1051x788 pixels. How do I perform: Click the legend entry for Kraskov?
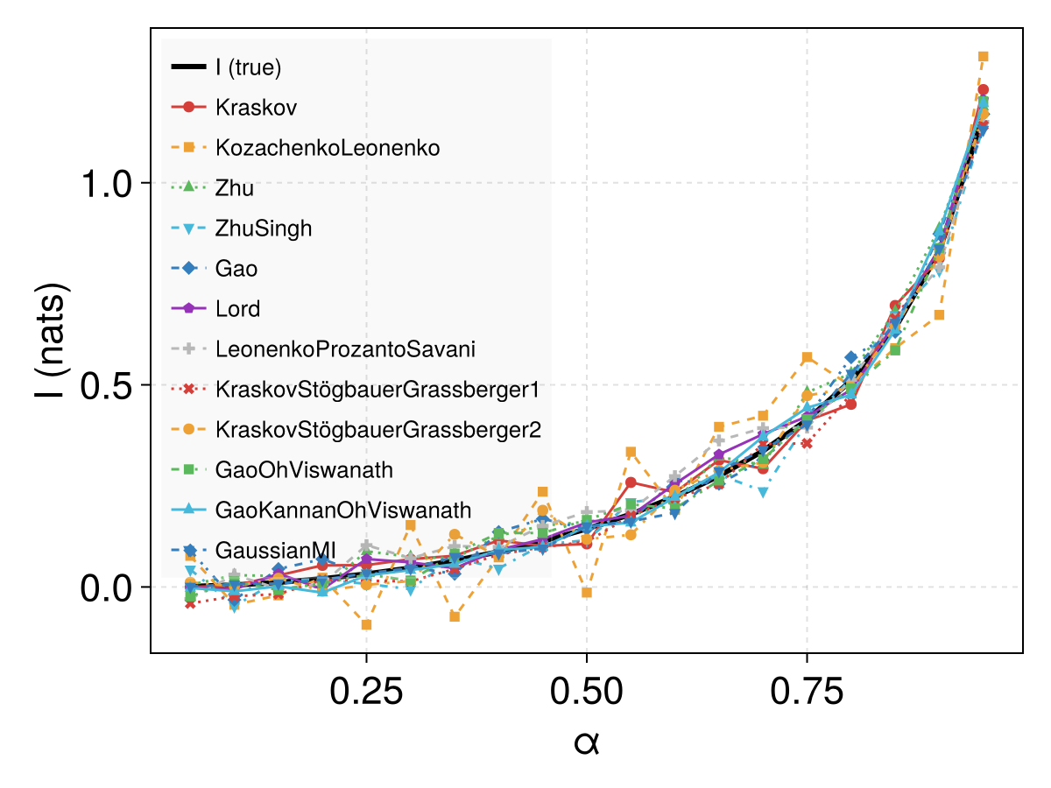(x=256, y=107)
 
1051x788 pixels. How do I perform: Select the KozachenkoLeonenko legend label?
(x=328, y=147)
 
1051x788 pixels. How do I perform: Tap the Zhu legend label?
(x=234, y=187)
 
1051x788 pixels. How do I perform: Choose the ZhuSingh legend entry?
(x=264, y=229)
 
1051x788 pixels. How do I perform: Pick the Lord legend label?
(x=237, y=308)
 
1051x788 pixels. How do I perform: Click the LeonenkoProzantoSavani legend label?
(x=345, y=348)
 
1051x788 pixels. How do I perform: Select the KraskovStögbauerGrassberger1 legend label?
(x=377, y=390)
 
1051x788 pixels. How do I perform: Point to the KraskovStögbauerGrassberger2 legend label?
(x=378, y=430)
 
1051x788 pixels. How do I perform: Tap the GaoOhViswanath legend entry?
(x=304, y=470)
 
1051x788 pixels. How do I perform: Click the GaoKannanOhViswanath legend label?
(x=343, y=510)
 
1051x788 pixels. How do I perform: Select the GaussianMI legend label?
(x=275, y=550)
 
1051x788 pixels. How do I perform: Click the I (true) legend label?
(x=248, y=67)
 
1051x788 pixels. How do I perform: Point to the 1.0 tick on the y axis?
(x=106, y=184)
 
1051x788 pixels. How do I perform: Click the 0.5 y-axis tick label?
(x=106, y=386)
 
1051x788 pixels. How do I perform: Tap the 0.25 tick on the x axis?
(x=366, y=692)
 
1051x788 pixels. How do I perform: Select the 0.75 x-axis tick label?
(x=807, y=692)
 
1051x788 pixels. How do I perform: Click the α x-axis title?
(x=587, y=743)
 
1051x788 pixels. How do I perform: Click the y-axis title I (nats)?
(x=50, y=341)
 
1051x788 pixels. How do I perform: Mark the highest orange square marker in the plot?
(x=983, y=57)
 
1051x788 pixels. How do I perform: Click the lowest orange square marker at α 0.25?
(x=367, y=625)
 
